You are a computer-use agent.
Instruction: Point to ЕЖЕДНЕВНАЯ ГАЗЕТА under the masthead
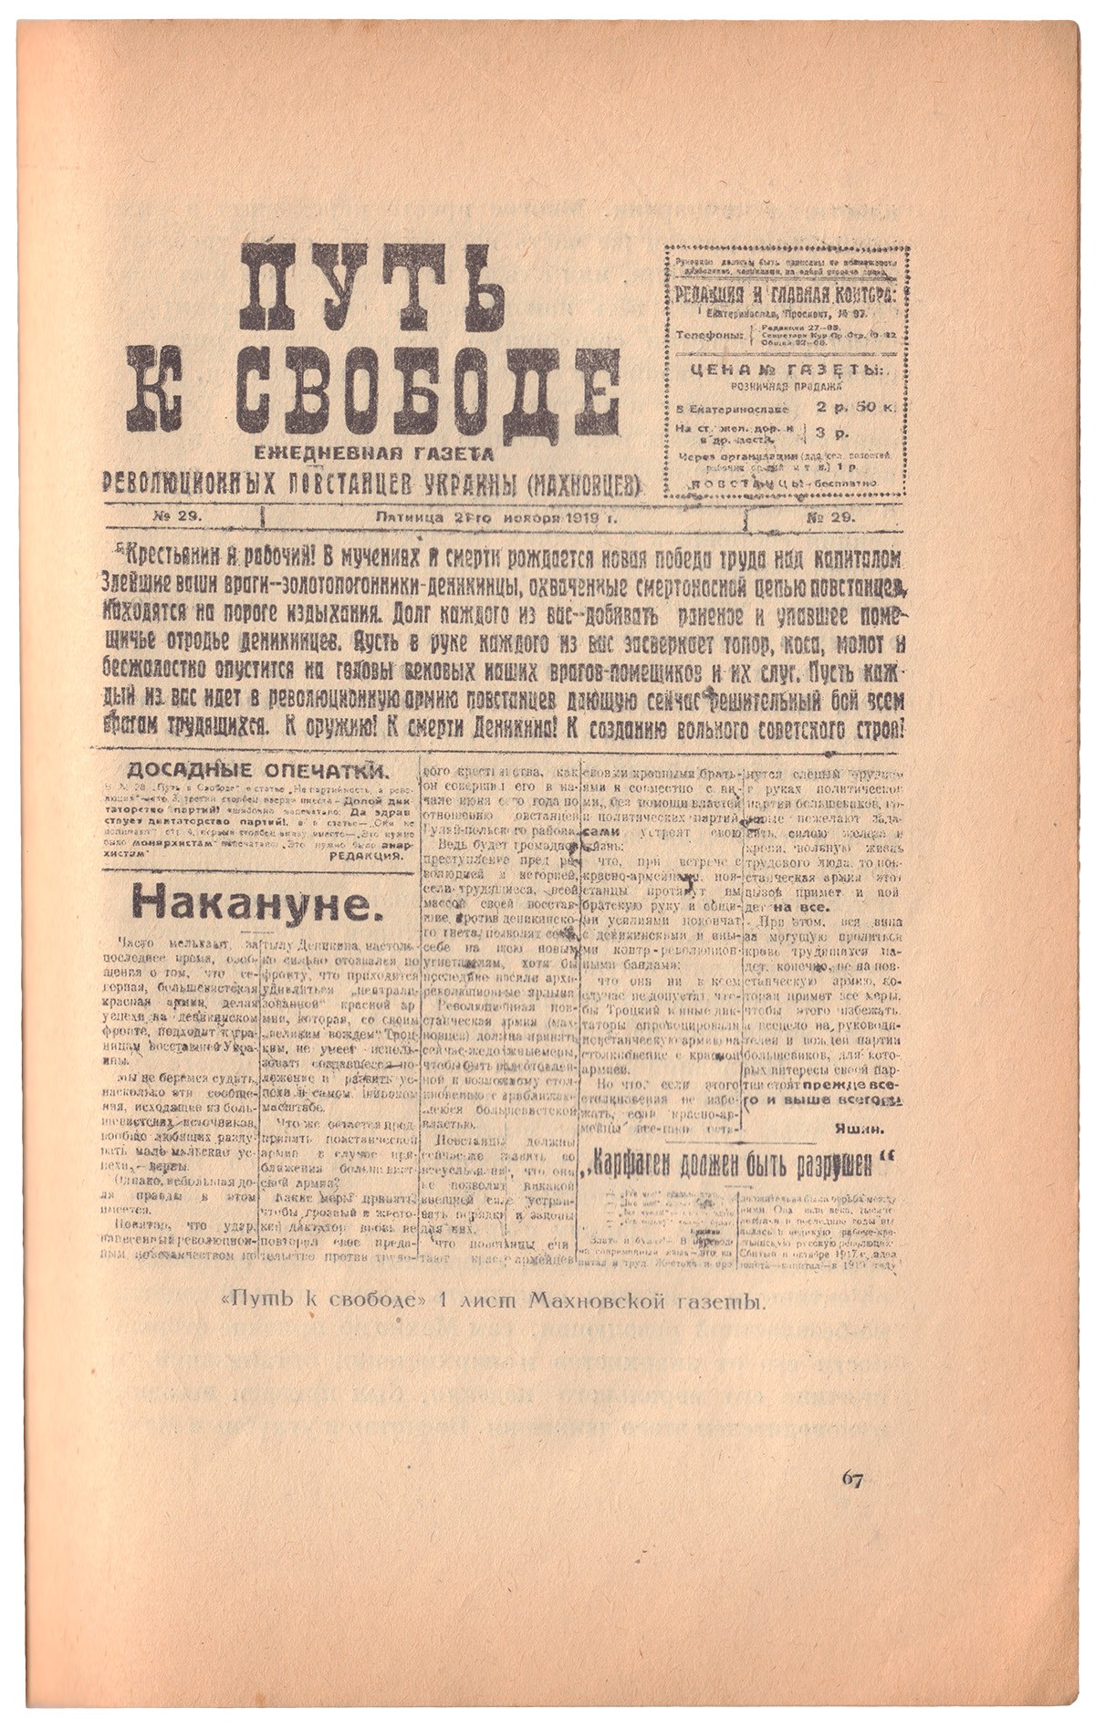click(x=374, y=453)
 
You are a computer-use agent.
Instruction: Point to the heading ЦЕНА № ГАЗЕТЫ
click(x=786, y=370)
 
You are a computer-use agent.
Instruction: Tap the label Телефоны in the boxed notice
click(x=709, y=335)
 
